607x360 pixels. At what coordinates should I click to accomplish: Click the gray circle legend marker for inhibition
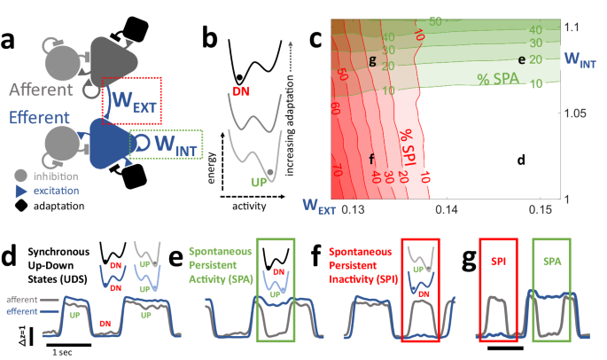(x=18, y=176)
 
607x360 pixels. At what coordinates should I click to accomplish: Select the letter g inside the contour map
(x=373, y=59)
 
